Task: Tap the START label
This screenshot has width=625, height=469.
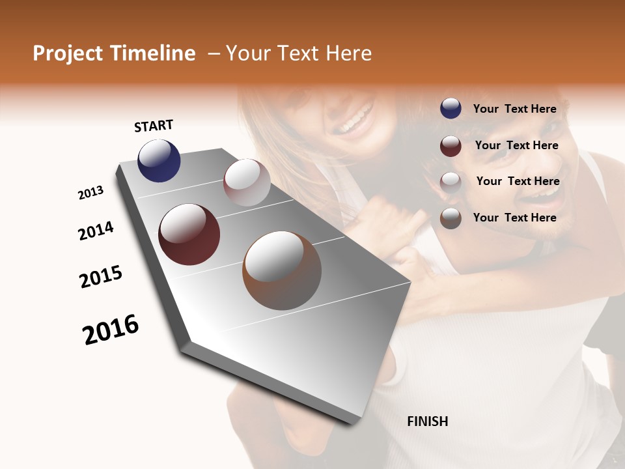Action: point(154,126)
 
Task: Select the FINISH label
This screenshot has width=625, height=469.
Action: point(428,421)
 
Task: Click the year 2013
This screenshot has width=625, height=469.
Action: point(90,193)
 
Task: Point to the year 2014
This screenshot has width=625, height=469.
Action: point(96,231)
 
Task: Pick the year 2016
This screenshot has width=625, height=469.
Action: point(111,330)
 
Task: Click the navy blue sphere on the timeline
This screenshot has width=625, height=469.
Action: point(159,161)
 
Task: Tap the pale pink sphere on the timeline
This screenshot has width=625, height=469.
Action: point(247,182)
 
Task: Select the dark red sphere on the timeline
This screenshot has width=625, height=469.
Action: point(189,234)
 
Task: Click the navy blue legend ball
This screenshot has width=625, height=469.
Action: point(451,109)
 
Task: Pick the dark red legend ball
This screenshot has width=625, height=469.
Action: point(451,146)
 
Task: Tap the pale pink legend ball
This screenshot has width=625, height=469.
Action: point(451,182)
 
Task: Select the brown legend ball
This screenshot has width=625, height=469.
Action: point(451,218)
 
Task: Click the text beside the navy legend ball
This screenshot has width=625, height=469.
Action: point(514,109)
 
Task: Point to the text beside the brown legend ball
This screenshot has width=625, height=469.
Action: point(514,218)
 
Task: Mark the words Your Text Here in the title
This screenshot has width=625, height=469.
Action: point(299,53)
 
